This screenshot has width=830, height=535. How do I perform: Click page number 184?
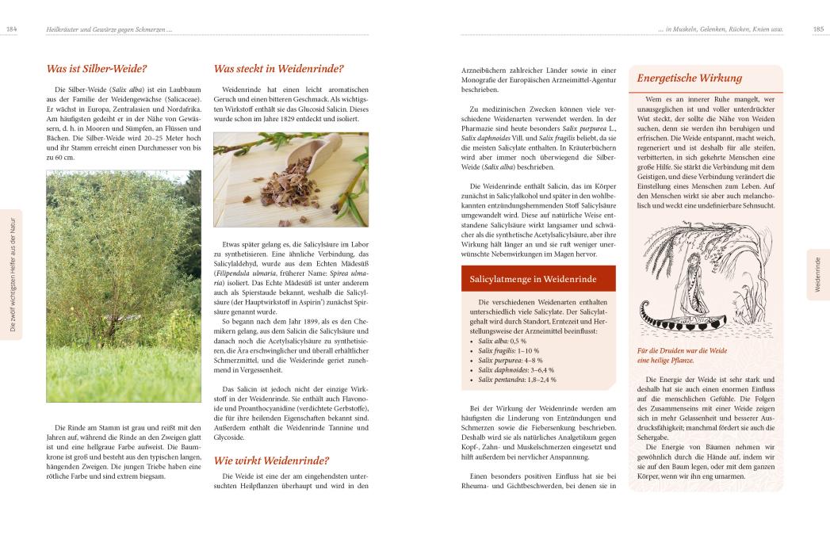(12, 29)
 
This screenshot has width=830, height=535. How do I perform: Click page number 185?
(818, 29)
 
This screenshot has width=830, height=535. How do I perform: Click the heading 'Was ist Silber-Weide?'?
(97, 69)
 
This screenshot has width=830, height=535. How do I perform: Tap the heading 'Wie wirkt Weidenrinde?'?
(271, 460)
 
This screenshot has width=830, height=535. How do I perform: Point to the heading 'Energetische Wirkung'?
(689, 78)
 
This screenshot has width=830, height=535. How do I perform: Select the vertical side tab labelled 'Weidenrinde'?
(818, 273)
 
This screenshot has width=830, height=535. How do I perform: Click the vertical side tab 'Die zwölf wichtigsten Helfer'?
(12, 273)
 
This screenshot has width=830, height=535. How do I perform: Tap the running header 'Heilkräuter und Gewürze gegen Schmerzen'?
(109, 29)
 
